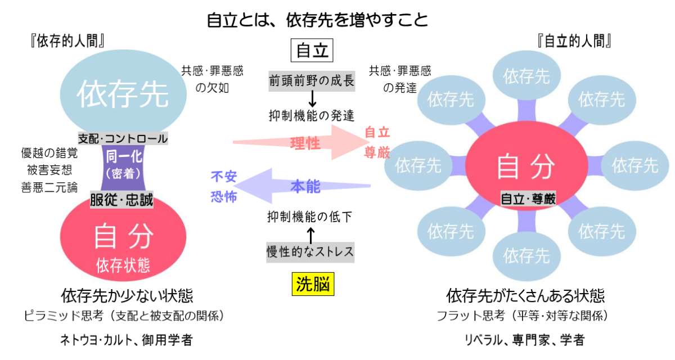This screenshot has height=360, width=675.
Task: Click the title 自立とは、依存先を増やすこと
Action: (318, 21)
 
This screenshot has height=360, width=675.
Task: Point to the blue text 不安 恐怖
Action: (223, 187)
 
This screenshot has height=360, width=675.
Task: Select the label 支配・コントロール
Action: (123, 138)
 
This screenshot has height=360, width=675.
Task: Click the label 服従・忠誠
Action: (122, 200)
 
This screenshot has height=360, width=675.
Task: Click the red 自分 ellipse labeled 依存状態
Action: (123, 242)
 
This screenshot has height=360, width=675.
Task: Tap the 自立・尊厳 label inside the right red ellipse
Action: (528, 199)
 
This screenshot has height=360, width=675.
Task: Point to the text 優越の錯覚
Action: (49, 153)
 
